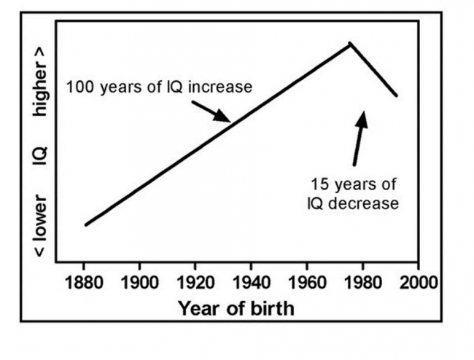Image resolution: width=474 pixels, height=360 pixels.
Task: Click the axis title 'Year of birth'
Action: pyautogui.click(x=236, y=308)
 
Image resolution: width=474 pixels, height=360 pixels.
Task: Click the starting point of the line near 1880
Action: pyautogui.click(x=85, y=225)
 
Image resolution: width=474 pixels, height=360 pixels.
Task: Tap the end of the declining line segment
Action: pyautogui.click(x=397, y=96)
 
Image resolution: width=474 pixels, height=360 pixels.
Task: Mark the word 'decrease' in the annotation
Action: pyautogui.click(x=362, y=203)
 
